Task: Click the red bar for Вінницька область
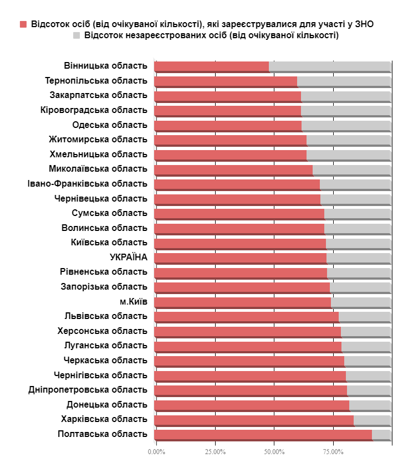coord(211,66)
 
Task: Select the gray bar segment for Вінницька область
coord(330,66)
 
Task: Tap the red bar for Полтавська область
coord(263,434)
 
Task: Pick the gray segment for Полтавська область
coord(381,434)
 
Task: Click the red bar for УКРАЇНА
coord(240,258)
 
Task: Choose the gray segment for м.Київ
coord(361,302)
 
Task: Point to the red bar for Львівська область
coord(246,316)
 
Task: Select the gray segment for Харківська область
coord(373,420)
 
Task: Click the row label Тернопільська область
coord(96,81)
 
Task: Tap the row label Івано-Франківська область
coord(87,184)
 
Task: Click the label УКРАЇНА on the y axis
coord(129,258)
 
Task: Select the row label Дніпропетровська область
coord(88,390)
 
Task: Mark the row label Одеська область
coord(110,125)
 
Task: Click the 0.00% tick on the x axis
coord(156,451)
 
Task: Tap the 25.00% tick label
coord(215,451)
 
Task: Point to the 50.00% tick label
coord(274,451)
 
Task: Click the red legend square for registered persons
coord(23,24)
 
